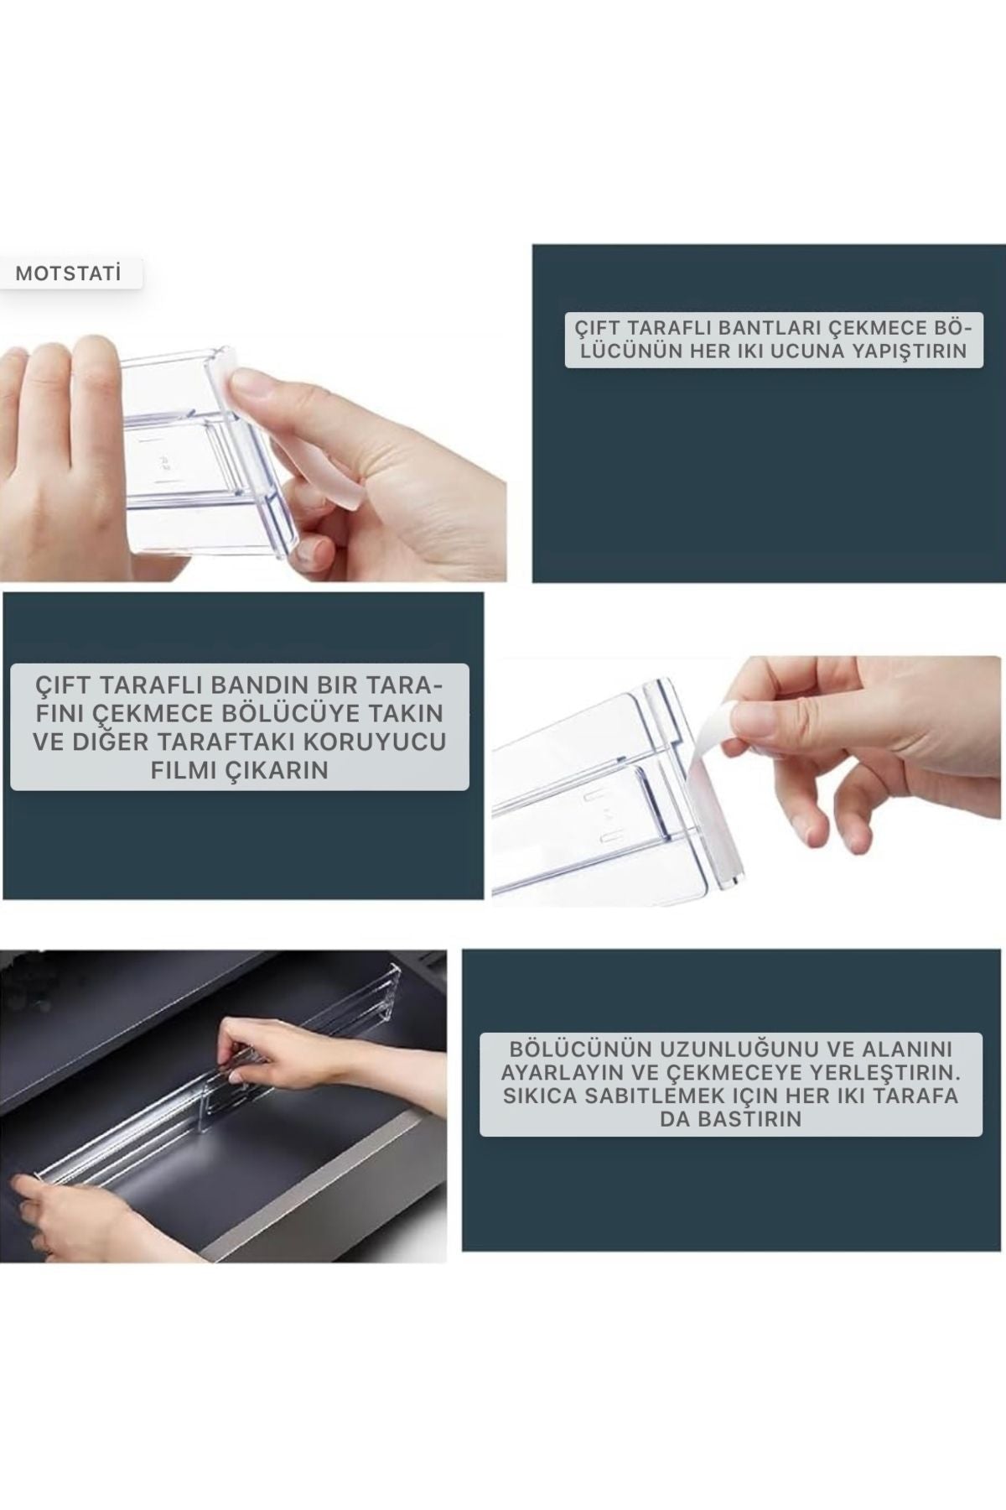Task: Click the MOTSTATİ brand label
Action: pyautogui.click(x=69, y=273)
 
